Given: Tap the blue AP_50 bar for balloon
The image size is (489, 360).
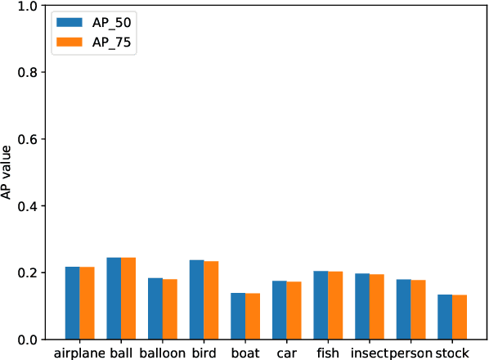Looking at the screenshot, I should [x=155, y=308].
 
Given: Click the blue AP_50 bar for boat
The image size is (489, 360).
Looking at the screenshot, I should [x=238, y=316].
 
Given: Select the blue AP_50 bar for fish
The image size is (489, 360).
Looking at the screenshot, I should [x=321, y=305].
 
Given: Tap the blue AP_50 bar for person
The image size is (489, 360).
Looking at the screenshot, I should [x=403, y=309].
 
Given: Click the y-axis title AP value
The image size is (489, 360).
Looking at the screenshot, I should [x=7, y=173].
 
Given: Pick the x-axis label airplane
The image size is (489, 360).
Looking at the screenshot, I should [x=79, y=353].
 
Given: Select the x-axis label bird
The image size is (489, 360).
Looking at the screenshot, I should [x=204, y=353].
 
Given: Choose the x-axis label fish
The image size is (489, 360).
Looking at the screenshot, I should [x=327, y=353].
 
